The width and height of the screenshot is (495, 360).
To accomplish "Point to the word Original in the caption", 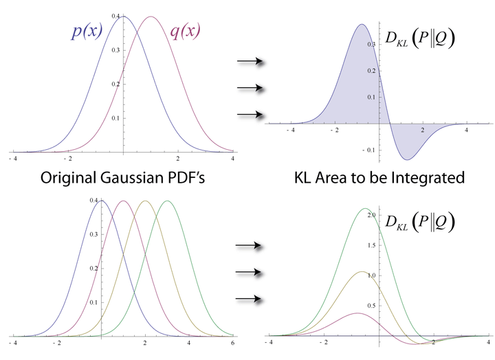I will (69, 178).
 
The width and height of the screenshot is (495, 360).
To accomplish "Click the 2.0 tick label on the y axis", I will (371, 216).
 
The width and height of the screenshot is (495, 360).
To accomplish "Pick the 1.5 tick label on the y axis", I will (371, 246).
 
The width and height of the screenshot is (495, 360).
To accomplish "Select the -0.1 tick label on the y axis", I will (370, 150).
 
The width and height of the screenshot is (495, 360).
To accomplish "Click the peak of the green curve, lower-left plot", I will (167, 201).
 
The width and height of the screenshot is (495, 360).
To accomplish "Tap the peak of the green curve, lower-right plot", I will (364, 209).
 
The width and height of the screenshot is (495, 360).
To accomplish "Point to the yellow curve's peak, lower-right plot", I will (360, 272).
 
